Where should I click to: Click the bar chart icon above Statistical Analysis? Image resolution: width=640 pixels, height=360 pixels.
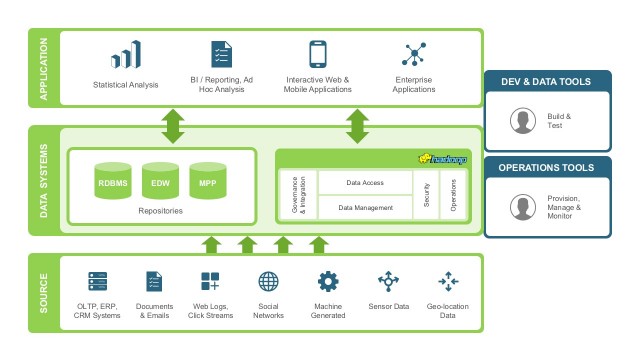(127, 55)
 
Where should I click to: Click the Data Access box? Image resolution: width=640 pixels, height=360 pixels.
(365, 183)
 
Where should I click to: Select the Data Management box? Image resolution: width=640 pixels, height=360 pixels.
(365, 207)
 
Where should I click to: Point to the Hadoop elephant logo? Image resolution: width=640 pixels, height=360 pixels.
(437, 158)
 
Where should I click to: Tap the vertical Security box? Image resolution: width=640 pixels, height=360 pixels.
(427, 195)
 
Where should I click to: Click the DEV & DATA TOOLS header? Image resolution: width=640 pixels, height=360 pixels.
(547, 81)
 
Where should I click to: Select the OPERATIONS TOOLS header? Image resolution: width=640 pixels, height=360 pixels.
(547, 167)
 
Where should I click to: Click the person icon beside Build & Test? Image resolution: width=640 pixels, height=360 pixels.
(520, 121)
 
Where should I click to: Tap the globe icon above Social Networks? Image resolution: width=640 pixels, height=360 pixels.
(268, 281)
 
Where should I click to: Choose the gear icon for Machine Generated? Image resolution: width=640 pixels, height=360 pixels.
(328, 281)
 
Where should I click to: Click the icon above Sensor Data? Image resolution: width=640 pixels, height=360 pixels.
(388, 281)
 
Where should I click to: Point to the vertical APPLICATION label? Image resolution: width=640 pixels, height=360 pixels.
(44, 67)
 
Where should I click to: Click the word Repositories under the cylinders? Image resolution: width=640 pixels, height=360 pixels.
(160, 212)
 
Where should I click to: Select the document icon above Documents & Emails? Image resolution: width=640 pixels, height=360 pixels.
(154, 281)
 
